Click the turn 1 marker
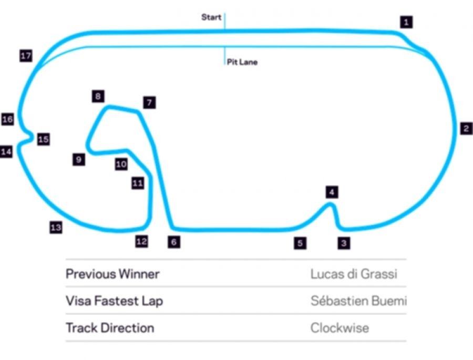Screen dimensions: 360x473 406,22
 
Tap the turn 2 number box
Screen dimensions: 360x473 466,129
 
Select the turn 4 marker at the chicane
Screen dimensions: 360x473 331,192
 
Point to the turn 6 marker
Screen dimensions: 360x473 174,242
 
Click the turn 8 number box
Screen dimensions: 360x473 98,96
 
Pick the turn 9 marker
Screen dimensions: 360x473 79,160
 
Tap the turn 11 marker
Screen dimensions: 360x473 138,183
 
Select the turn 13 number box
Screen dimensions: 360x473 56,228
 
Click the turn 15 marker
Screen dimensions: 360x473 43,139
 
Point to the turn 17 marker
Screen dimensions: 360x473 26,56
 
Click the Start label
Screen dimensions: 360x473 211,17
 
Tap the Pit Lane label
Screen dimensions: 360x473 242,62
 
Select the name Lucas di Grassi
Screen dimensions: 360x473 354,274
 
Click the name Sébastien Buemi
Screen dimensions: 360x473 358,301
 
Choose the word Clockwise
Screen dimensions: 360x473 340,328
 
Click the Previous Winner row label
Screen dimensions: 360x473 112,274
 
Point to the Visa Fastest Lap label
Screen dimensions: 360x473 114,301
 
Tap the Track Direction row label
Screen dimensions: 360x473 110,328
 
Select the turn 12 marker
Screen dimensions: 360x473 141,241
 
